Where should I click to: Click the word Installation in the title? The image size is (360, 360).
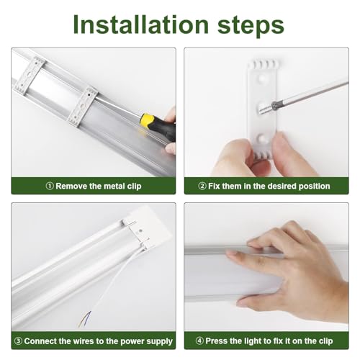point(141,24)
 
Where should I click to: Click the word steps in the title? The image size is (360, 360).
point(251,27)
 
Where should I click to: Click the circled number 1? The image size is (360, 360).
point(50,186)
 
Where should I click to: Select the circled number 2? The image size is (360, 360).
point(202,186)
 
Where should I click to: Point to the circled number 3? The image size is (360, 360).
point(19,341)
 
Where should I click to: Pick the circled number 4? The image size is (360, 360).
point(199,341)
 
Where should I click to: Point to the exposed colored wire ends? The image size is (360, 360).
point(84,318)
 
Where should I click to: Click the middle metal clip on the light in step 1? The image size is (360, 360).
point(83,107)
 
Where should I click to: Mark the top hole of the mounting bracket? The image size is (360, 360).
point(261,78)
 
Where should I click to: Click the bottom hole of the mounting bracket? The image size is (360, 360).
point(261,138)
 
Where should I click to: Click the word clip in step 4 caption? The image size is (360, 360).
point(325,341)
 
